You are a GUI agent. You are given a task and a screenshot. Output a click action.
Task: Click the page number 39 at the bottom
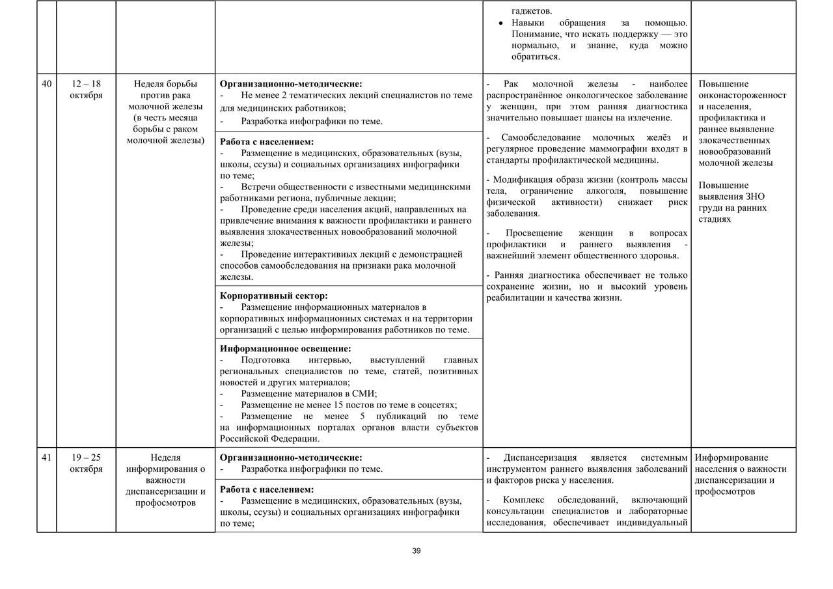point(416,551)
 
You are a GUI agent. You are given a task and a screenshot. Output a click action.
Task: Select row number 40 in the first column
point(46,84)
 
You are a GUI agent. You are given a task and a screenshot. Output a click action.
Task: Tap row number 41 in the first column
point(46,458)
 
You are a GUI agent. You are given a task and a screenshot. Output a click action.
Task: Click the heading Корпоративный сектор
point(273,295)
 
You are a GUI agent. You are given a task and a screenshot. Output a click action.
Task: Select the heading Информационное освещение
point(285,349)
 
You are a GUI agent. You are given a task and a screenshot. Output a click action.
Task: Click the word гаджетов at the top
point(532,11)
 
